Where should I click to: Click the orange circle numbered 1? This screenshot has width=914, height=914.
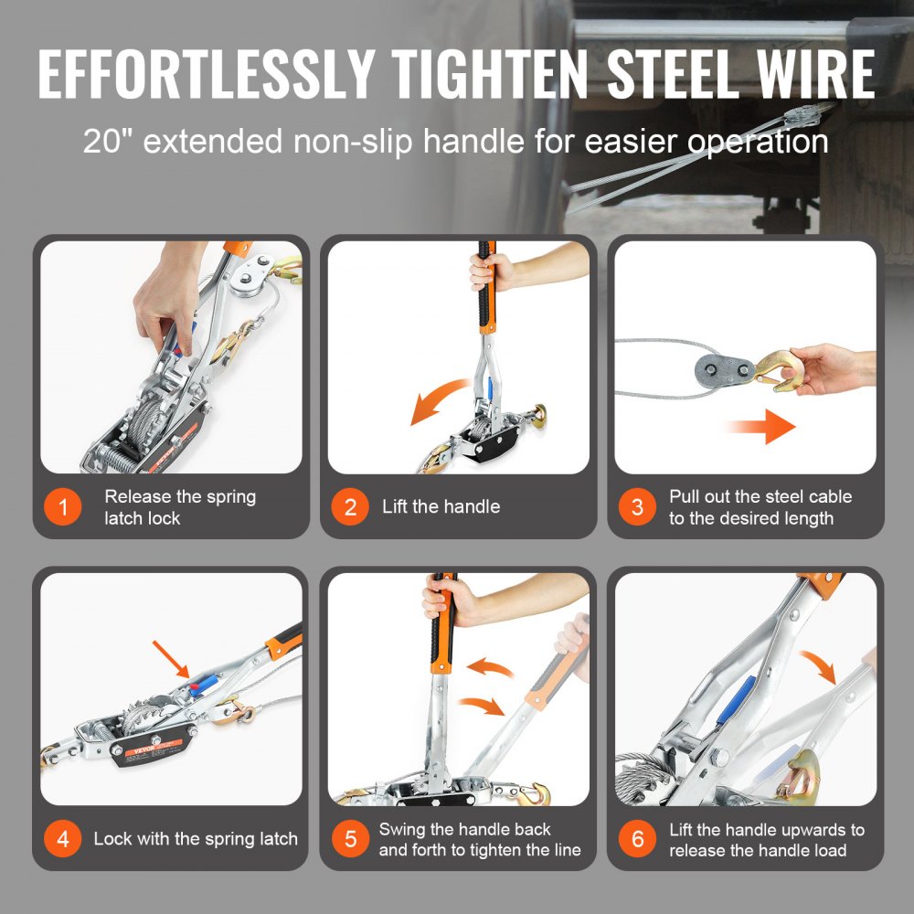click(x=63, y=507)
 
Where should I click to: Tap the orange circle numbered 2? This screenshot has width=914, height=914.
click(x=350, y=507)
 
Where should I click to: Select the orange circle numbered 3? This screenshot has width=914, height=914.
click(x=637, y=507)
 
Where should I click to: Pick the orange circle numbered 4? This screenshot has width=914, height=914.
click(x=63, y=839)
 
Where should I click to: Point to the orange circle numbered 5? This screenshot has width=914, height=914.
click(x=350, y=839)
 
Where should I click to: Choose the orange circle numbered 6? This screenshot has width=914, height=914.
click(x=637, y=839)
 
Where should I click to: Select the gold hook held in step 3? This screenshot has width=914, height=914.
click(x=778, y=370)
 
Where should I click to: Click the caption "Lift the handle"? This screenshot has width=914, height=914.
click(x=441, y=506)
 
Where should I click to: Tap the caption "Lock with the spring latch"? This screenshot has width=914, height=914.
click(x=196, y=839)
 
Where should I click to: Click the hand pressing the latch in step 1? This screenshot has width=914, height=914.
click(x=165, y=306)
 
